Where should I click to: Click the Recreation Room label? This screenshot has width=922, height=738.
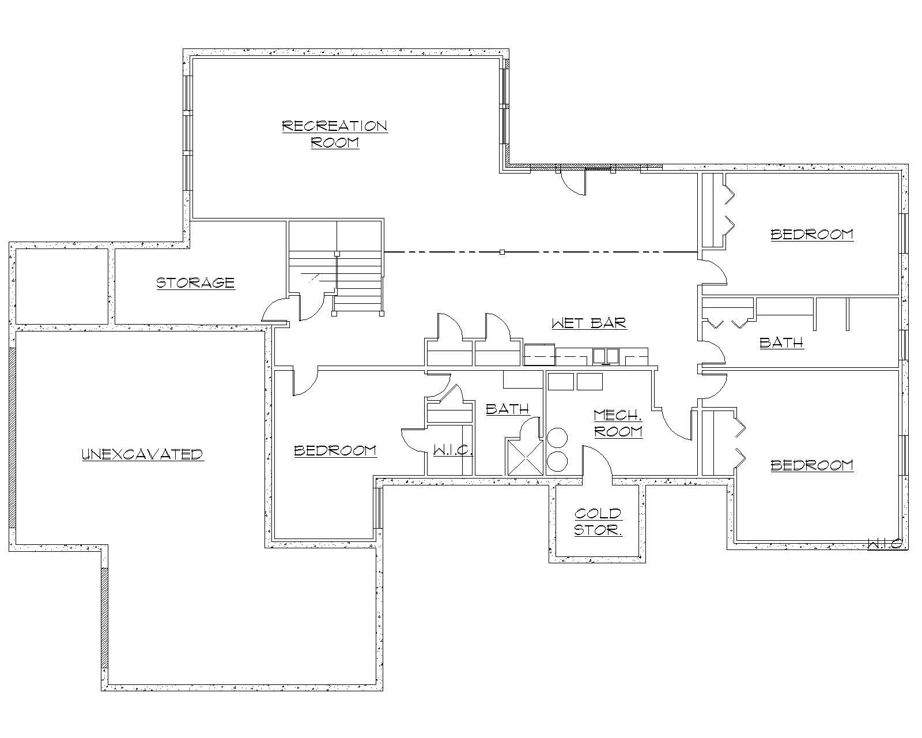click(335, 134)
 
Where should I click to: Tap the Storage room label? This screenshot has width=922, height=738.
click(196, 283)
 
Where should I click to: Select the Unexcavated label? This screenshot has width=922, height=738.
click(142, 454)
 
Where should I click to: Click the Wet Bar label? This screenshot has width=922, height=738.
click(589, 323)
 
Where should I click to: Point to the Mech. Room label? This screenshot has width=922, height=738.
click(618, 423)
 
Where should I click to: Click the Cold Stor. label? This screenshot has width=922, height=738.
click(598, 521)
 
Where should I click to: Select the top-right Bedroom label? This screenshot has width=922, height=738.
click(811, 234)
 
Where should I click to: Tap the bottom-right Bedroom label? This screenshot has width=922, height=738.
click(811, 465)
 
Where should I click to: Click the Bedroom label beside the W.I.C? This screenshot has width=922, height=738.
click(335, 450)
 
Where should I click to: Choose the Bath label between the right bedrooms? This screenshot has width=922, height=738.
click(781, 342)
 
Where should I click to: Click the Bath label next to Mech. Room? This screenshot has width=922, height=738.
click(507, 409)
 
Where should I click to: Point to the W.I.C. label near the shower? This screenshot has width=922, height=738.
click(453, 450)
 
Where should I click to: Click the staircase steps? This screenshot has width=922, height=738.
click(358, 283)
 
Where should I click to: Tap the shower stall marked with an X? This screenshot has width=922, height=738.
click(524, 457)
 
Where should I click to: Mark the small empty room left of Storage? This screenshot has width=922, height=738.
click(62, 286)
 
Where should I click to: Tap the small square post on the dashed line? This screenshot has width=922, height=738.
click(502, 252)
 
